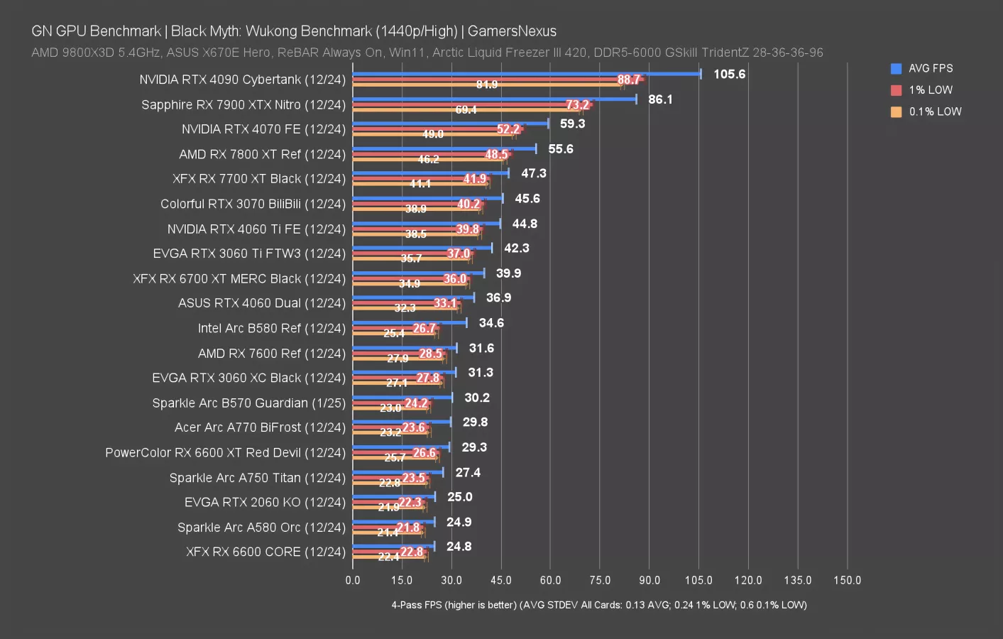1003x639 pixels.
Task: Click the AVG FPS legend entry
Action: click(930, 68)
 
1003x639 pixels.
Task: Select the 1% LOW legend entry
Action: click(930, 90)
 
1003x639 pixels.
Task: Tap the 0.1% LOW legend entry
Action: click(934, 111)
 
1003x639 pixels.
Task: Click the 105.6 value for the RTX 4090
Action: click(729, 75)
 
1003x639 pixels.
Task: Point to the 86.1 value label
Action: click(660, 99)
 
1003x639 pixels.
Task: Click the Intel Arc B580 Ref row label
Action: click(271, 328)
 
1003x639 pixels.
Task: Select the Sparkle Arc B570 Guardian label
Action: click(248, 403)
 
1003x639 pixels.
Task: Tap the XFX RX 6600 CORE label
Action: click(265, 552)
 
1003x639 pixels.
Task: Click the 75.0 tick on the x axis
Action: click(600, 580)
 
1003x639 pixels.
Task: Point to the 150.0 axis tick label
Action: click(847, 580)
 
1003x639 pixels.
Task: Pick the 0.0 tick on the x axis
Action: click(353, 580)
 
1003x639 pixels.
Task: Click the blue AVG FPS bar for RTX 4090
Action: click(525, 73)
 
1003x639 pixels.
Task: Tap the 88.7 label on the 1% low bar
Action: click(628, 80)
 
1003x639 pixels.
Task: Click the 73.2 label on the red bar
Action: click(577, 105)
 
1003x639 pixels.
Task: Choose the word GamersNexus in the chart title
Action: click(512, 31)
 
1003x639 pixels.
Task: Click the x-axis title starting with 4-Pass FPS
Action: click(598, 605)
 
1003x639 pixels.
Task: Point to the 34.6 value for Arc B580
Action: click(491, 323)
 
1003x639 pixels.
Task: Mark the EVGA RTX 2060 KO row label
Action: click(265, 502)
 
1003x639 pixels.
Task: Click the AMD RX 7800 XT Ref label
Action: click(262, 154)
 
